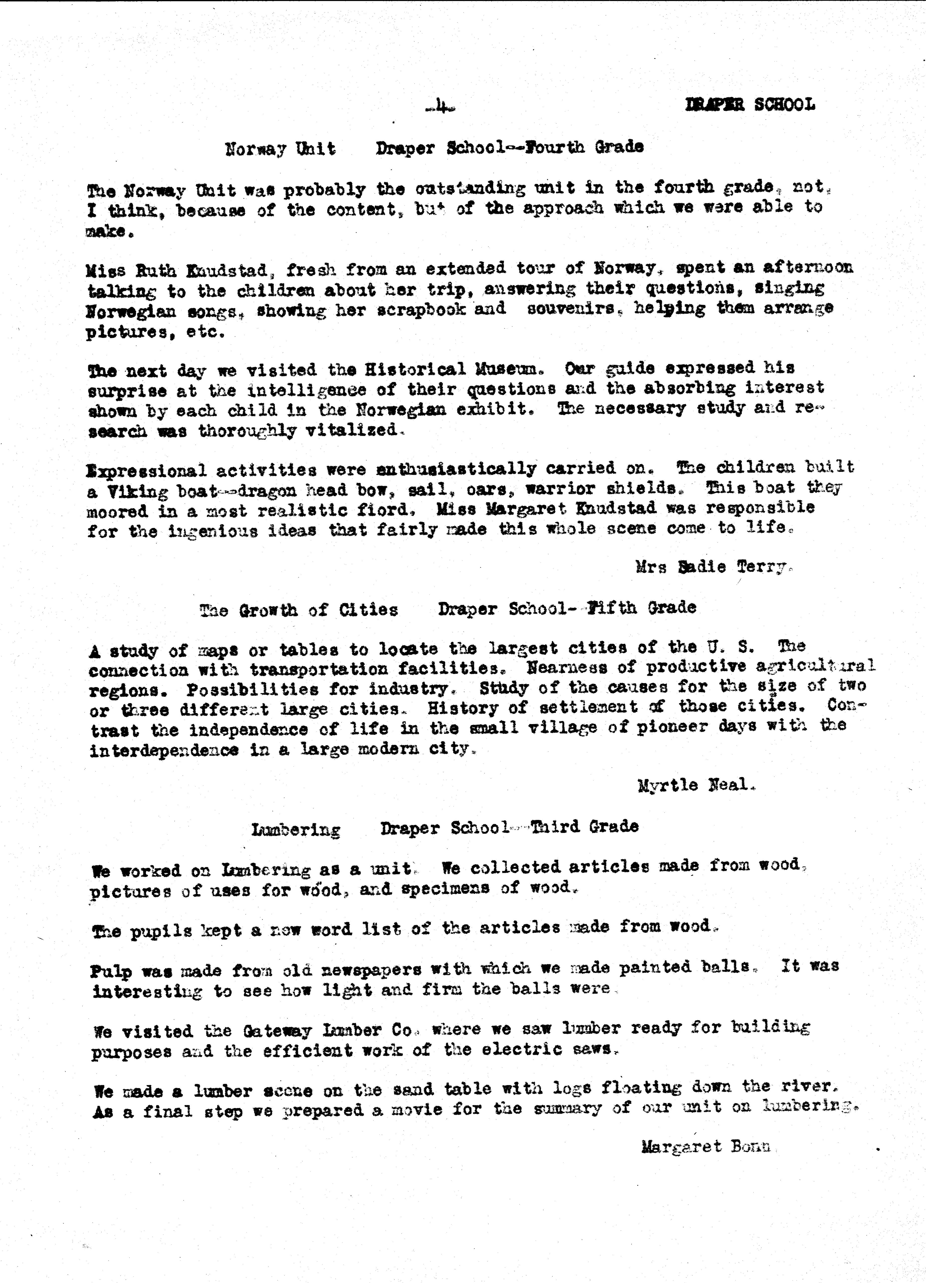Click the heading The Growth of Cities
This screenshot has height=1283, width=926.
click(x=299, y=610)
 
